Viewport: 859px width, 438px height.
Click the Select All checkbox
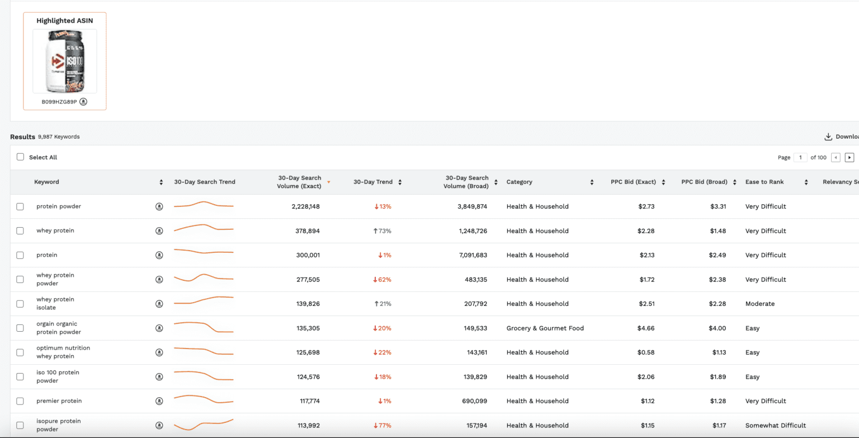point(21,157)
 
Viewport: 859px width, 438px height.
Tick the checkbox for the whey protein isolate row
point(20,304)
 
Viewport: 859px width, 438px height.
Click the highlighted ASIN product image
point(64,61)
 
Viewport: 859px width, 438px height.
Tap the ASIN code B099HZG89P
point(59,102)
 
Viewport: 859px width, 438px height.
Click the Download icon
point(828,136)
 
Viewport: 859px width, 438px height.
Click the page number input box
point(800,157)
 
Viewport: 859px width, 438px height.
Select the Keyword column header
point(46,182)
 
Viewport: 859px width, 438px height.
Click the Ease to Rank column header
point(764,182)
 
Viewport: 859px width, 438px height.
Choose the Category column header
point(519,182)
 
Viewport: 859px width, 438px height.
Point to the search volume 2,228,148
point(305,206)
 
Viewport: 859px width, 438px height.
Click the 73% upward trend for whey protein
point(383,231)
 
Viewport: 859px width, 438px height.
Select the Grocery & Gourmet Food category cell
point(545,328)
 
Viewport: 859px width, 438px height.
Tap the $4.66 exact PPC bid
point(646,328)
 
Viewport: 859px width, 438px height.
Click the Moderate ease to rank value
point(759,304)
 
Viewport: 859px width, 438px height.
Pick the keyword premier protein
point(59,401)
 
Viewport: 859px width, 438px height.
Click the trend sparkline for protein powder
point(203,205)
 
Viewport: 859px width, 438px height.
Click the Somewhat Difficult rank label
point(775,426)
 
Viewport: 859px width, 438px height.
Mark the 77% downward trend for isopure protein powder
point(383,426)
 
